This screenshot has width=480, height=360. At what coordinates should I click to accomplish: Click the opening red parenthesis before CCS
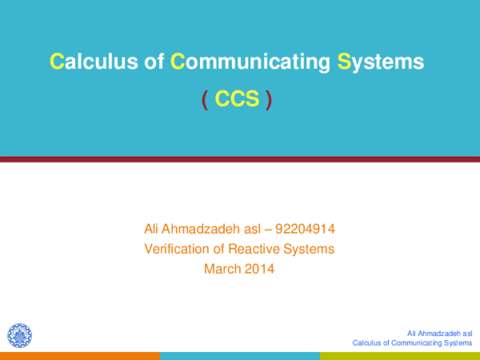[205, 99]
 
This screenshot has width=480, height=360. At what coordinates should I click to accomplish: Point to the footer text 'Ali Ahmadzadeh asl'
[439, 332]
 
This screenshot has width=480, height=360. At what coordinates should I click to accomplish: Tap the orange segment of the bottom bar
[79, 355]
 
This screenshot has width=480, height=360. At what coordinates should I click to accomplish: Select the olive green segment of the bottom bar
[399, 355]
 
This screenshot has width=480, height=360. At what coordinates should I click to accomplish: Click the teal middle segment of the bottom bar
[239, 355]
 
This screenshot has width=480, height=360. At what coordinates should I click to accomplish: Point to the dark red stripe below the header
[240, 160]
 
